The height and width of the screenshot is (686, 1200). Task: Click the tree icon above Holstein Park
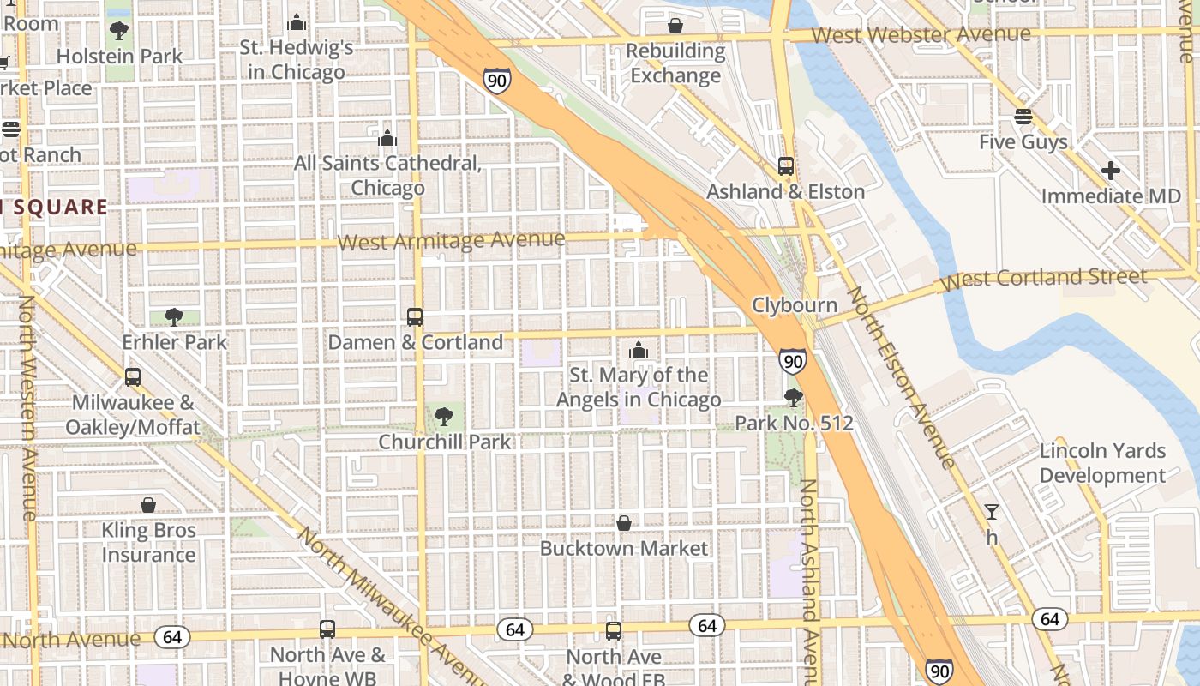119,31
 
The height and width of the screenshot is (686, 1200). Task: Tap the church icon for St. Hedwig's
297,22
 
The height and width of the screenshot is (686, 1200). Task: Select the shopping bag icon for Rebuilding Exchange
675,26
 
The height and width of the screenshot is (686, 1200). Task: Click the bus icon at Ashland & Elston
785,165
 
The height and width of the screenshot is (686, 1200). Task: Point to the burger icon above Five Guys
1023,117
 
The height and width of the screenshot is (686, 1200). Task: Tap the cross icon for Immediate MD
1111,171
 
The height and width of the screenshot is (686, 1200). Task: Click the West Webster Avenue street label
921,34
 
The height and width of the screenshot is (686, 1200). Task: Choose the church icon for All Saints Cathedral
387,137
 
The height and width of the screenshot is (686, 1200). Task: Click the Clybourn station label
795,305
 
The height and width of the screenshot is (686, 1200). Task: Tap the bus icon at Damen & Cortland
415,316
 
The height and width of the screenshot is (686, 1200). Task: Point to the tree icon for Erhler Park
174,316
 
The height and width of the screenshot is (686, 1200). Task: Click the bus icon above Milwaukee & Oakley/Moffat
133,376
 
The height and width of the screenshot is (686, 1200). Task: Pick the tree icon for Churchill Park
444,417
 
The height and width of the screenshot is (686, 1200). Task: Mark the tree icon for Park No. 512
794,397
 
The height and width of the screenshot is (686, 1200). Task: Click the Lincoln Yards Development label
1102,463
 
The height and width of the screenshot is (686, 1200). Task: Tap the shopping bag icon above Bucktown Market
624,523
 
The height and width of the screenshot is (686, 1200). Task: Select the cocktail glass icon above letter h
992,512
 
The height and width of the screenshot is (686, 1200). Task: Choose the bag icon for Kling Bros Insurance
148,505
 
